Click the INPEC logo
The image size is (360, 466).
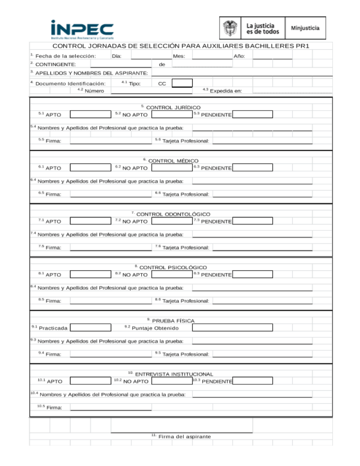point(82,29)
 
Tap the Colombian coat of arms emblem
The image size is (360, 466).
point(230,28)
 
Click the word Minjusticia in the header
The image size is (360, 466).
point(305,28)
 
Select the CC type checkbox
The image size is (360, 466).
point(182,83)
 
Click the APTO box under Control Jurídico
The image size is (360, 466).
point(90,115)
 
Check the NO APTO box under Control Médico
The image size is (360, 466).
point(172,168)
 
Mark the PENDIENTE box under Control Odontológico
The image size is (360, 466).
point(252,221)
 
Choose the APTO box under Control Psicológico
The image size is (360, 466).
point(90,274)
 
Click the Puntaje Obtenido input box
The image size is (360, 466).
point(232,328)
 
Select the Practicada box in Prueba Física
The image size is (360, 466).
point(90,328)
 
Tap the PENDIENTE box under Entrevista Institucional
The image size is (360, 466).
point(252,381)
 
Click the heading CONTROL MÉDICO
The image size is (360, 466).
point(173,161)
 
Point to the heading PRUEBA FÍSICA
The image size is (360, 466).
point(173,321)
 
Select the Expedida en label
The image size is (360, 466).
point(225,91)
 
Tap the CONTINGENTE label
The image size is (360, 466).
point(55,64)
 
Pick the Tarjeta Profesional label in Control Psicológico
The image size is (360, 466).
point(185,301)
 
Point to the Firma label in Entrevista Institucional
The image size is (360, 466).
point(54,408)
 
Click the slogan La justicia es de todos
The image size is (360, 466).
point(262,29)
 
